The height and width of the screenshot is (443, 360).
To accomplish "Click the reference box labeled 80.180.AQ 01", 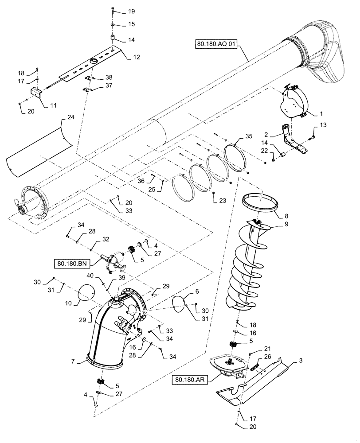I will [216, 44].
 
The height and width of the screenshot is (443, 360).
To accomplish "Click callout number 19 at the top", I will [119, 11].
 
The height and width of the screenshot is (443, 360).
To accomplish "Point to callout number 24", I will [70, 117].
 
